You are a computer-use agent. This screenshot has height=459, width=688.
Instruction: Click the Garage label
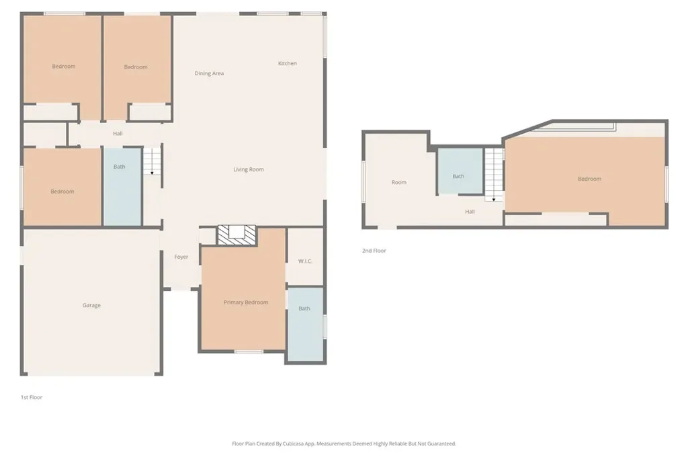[x=91, y=305]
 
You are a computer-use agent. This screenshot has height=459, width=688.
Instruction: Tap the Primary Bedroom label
[x=246, y=302]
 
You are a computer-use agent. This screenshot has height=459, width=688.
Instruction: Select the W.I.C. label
[x=305, y=261]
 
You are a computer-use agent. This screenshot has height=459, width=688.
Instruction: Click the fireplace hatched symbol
[x=237, y=235]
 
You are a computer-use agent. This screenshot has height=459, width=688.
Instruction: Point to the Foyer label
[x=181, y=257]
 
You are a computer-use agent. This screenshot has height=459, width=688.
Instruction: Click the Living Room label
[x=249, y=169]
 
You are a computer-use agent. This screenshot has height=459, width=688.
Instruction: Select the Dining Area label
[x=210, y=73]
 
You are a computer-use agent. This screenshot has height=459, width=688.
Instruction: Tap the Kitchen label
[x=288, y=63]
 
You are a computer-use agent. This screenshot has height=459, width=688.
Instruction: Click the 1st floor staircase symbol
[x=153, y=161]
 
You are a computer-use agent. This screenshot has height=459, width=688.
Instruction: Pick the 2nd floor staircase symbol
[x=494, y=174]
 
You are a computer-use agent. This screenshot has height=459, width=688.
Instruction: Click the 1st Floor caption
[x=32, y=397]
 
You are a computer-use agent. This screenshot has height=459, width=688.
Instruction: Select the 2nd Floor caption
[x=374, y=251]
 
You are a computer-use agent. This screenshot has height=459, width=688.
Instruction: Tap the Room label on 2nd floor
[x=399, y=182]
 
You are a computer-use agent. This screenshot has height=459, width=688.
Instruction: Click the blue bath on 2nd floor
[x=460, y=171]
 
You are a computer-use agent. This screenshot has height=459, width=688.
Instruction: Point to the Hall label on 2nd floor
[x=470, y=212]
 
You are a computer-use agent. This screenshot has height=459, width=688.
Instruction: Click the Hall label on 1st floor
[x=118, y=134]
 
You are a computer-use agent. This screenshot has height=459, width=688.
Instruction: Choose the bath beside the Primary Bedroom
[x=306, y=325]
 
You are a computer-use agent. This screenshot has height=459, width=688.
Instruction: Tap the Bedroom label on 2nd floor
[x=589, y=179]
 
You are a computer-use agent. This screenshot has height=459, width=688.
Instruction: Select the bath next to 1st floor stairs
[x=122, y=187]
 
